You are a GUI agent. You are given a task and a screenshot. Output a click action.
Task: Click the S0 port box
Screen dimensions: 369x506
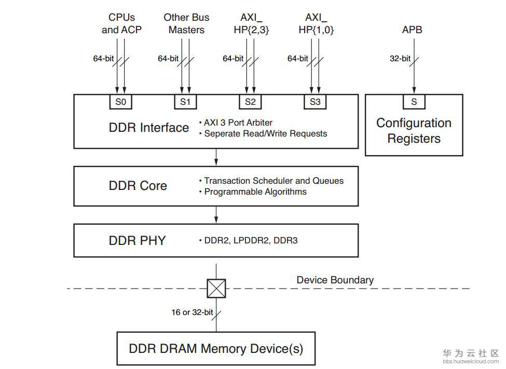(x=120, y=102)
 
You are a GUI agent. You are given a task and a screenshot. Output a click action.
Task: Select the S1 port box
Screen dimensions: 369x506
(x=185, y=102)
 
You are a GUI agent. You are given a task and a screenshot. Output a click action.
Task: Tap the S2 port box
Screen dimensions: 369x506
(x=250, y=102)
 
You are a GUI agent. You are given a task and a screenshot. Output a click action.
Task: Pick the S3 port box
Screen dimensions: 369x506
(x=315, y=102)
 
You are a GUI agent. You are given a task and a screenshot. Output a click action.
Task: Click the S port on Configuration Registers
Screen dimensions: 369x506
(x=414, y=102)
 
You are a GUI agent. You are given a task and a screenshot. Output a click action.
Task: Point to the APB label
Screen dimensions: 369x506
(x=412, y=30)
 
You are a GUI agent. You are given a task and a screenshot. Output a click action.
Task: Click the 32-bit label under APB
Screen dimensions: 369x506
(x=400, y=59)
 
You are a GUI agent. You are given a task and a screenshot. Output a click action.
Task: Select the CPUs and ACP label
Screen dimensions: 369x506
(x=121, y=24)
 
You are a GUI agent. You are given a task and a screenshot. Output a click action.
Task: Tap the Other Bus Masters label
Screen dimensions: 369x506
(x=186, y=24)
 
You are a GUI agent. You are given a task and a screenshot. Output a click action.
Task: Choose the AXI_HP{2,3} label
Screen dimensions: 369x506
(x=251, y=24)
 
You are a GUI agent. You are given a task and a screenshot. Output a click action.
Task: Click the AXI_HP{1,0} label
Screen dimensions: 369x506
(x=316, y=24)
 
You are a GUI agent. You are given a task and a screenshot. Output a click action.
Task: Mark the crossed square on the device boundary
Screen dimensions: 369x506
(x=216, y=288)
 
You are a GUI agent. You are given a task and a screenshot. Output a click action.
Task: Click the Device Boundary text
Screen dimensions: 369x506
(x=335, y=280)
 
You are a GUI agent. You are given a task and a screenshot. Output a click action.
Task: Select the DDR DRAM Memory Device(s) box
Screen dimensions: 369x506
(x=216, y=348)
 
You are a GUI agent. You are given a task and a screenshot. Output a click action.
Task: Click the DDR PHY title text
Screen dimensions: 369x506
(x=137, y=240)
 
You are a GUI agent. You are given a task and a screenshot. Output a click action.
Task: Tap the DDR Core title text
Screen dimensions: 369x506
(x=138, y=186)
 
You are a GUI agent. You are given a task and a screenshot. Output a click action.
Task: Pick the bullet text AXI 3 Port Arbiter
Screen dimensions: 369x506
(x=238, y=123)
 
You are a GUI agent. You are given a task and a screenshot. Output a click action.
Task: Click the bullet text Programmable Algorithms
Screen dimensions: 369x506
(x=255, y=192)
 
